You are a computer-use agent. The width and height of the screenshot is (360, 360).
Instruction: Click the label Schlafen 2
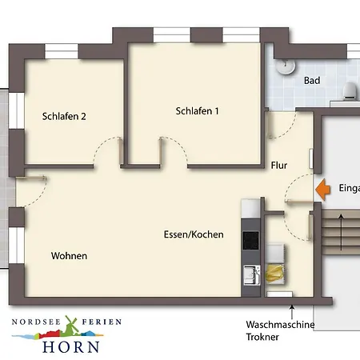(x=64, y=116)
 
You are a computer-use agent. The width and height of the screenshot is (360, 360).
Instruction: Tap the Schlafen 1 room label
(x=197, y=111)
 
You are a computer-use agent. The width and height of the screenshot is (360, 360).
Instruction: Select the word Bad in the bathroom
(x=312, y=81)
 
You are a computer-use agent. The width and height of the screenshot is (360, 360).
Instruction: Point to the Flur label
(x=279, y=166)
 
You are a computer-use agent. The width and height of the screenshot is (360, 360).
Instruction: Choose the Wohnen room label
(x=69, y=256)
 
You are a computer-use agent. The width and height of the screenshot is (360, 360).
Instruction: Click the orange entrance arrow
(x=322, y=189)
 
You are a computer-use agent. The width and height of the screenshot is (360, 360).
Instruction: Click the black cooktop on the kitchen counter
(x=250, y=241)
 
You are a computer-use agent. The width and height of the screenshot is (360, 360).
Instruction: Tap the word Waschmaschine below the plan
(x=280, y=324)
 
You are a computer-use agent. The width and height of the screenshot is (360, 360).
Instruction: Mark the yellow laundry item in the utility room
(x=277, y=272)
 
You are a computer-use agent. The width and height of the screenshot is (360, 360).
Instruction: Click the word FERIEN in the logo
(x=102, y=322)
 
